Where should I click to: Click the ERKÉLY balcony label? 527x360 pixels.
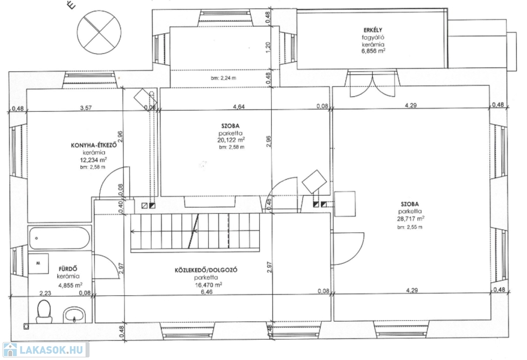coord(373,30)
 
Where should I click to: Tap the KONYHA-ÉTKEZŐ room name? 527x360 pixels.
coord(94,146)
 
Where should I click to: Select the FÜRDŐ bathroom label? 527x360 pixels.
coord(68,269)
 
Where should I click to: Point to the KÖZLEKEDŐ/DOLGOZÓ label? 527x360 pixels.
coord(206,270)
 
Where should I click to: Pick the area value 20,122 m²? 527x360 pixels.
coord(231,140)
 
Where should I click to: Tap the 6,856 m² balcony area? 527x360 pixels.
coord(373,51)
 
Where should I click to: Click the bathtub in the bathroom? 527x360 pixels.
coord(59,237)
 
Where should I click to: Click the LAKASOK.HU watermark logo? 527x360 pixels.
coord(46,350)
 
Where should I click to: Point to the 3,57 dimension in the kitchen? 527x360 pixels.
coord(86,108)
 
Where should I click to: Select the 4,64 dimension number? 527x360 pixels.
coord(239,107)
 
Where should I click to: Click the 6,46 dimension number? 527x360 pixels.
coord(206,292)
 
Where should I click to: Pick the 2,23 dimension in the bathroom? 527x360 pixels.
coord(45,294)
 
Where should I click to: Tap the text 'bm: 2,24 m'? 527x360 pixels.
coord(223,78)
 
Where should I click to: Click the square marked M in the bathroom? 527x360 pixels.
coord(38,263)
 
